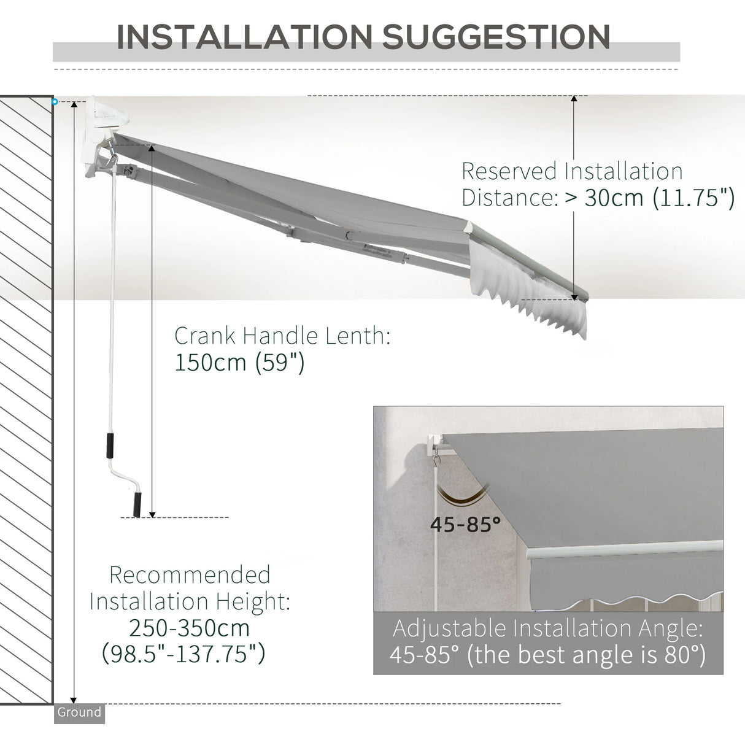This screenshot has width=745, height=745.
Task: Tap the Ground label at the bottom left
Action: pos(79,712)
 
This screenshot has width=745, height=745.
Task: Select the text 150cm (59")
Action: pos(239,362)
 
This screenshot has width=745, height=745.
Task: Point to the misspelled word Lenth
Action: pos(360,336)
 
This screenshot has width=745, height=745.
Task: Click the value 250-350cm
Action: pos(190,628)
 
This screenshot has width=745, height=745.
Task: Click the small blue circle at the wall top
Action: pos(55,101)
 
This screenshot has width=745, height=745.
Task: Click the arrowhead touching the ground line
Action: pos(74,700)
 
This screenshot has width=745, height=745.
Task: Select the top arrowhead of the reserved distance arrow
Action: pos(574,99)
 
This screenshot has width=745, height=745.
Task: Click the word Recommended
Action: pos(190,575)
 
